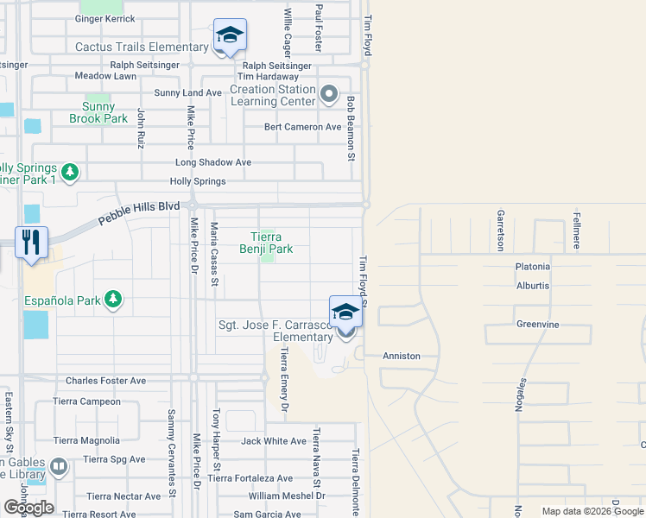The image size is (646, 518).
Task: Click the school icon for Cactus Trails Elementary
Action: pyautogui.click(x=230, y=35)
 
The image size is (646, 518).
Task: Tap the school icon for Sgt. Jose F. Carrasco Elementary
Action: pyautogui.click(x=345, y=312)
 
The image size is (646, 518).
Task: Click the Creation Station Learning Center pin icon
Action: pyautogui.click(x=328, y=93)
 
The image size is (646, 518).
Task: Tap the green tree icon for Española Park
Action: pyautogui.click(x=112, y=300)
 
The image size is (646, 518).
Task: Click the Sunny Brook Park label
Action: pyautogui.click(x=98, y=113)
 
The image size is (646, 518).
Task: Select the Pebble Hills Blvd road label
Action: pyautogui.click(x=138, y=213)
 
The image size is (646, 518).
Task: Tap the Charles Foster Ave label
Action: pyautogui.click(x=106, y=380)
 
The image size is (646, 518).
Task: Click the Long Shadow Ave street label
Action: pyautogui.click(x=213, y=162)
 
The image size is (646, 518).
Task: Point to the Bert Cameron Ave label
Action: pyautogui.click(x=303, y=127)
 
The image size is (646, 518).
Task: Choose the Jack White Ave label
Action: pyautogui.click(x=274, y=441)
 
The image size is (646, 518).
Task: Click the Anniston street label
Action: pyautogui.click(x=402, y=356)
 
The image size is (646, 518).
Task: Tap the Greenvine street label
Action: pyautogui.click(x=538, y=325)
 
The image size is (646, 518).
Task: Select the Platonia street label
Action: pyautogui.click(x=533, y=267)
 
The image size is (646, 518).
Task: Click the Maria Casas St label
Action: pyautogui.click(x=216, y=250)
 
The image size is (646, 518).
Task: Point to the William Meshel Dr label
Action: pyautogui.click(x=287, y=496)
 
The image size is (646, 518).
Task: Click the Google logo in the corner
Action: pyautogui.click(x=28, y=508)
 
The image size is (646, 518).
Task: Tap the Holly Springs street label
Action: pyautogui.click(x=198, y=181)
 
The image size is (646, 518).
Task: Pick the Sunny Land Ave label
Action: pyautogui.click(x=188, y=93)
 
